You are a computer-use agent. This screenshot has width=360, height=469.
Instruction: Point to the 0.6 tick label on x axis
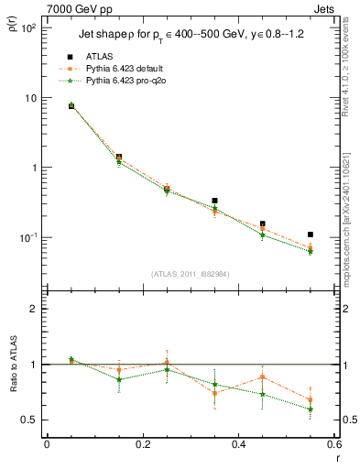[333, 445]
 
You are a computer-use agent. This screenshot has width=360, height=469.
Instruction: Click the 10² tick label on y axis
[27, 28]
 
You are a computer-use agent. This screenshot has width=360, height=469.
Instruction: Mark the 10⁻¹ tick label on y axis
[27, 237]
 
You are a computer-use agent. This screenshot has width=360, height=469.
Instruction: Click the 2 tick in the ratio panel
[33, 309]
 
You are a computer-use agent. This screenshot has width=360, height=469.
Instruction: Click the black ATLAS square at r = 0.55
[311, 234]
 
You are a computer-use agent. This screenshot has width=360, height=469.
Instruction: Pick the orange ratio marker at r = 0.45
[263, 376]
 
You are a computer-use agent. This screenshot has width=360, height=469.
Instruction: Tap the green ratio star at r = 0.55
[311, 409]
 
